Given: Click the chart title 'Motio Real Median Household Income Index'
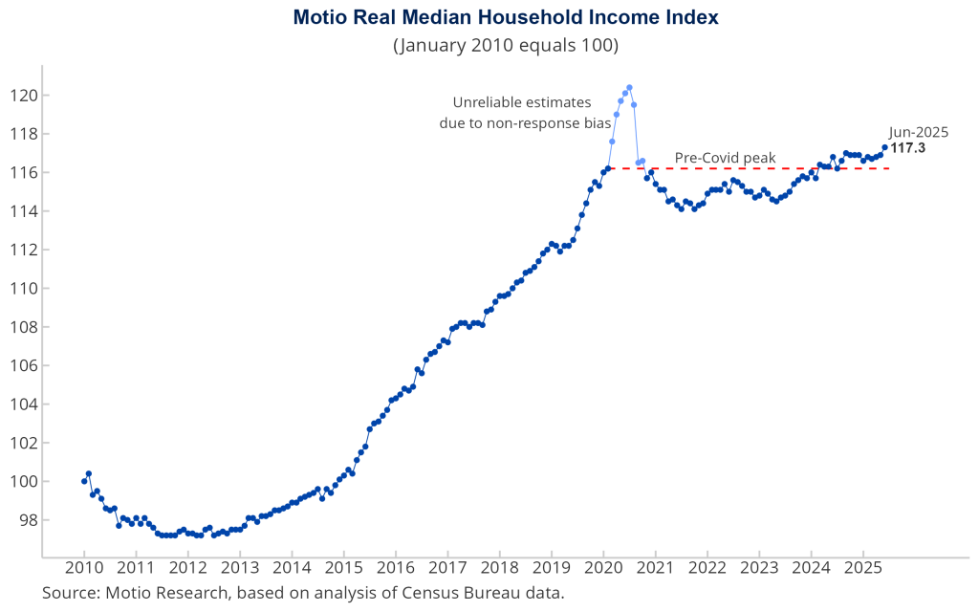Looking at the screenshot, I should click(506, 18).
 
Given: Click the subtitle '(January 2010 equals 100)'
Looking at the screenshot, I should click(506, 45).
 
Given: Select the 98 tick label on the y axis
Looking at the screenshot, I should click(25, 520).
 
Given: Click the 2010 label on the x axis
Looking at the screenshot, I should click(84, 568).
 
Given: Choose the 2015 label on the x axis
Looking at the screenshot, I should click(344, 568).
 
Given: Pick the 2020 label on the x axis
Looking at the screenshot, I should click(603, 568).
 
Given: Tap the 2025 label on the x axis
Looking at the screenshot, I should click(863, 568).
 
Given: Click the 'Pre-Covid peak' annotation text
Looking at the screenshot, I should click(725, 158).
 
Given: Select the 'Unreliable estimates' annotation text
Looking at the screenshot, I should click(522, 102).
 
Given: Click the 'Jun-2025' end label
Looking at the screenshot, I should click(919, 133).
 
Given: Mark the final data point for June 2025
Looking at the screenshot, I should click(884, 147).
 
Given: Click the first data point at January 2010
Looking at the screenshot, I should click(84, 481).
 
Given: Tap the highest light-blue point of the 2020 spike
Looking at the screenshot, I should click(629, 88).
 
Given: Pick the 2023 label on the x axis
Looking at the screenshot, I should click(759, 568).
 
